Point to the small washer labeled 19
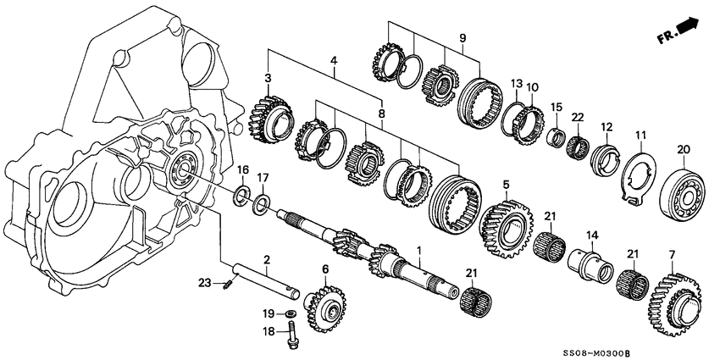[291, 314]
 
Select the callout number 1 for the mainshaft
[418, 252]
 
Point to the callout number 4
[334, 60]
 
